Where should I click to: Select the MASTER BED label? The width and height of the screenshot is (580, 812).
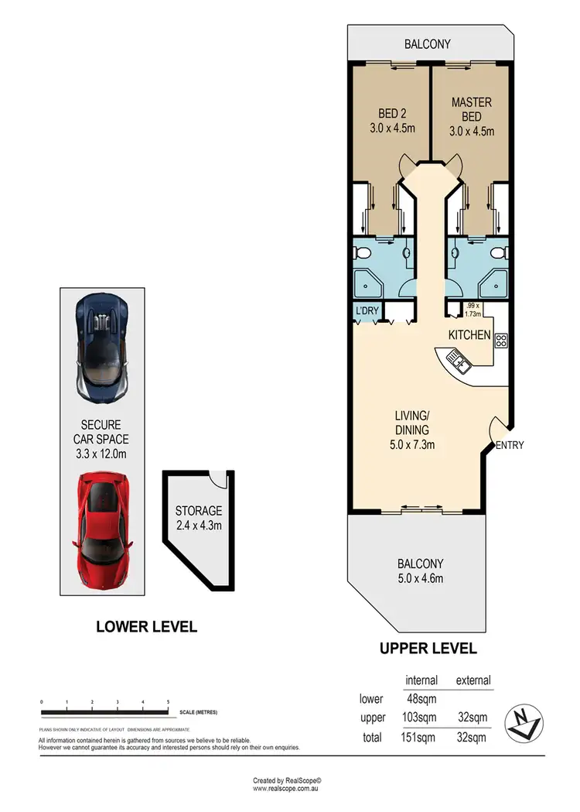pos(472,108)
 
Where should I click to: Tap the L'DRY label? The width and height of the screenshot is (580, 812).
pos(366,312)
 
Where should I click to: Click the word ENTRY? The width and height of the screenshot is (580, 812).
pos(510,445)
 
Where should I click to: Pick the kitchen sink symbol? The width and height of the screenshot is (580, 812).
pos(454,358)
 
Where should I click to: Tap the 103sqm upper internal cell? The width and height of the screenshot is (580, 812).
pos(421,718)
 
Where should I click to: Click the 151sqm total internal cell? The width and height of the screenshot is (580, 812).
pos(421,738)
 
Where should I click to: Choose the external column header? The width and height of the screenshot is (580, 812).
pos(473,680)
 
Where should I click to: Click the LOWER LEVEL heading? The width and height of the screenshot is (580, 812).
pos(146,626)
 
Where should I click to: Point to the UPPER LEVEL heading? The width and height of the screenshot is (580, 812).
pos(428,649)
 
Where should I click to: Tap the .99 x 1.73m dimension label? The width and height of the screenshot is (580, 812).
pos(472,310)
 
